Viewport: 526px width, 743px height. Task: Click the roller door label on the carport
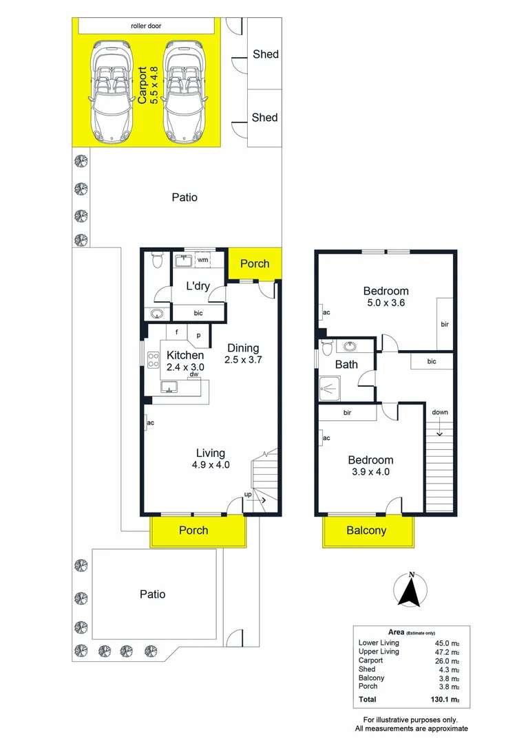coord(146,26)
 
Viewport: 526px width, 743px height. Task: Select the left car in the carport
coord(110,89)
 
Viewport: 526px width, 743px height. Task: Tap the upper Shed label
coord(264,54)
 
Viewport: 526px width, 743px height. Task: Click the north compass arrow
coord(411,590)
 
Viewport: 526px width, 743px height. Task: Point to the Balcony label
coord(366,530)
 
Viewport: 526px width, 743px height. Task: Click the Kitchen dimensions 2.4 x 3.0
coord(185,367)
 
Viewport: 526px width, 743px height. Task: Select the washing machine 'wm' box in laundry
coord(202,261)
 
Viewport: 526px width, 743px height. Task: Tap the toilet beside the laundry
coord(156,261)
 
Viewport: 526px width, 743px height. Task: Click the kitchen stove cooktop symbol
coord(153,360)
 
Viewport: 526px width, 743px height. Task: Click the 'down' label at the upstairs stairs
coord(440,412)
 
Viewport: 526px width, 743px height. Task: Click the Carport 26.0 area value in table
coord(448,660)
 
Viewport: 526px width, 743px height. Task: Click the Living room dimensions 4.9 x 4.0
coord(211,465)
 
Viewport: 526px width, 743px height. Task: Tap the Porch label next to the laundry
coord(255,263)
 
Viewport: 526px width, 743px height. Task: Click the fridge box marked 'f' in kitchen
coord(177,332)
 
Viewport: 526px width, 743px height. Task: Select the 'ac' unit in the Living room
coord(149,422)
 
